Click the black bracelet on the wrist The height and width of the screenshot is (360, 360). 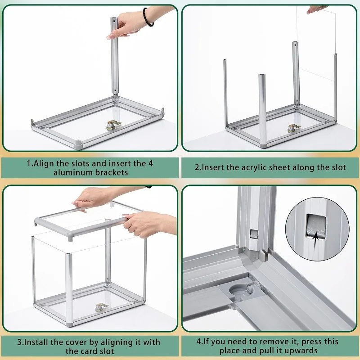tap(148, 17)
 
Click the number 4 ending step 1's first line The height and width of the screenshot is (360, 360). tap(150, 164)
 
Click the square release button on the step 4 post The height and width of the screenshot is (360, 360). tap(254, 234)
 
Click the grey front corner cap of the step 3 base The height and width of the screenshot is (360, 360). tap(69, 325)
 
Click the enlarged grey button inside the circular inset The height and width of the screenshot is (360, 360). tap(316, 226)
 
